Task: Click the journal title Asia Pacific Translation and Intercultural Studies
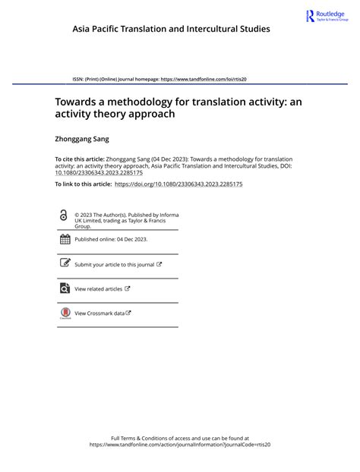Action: [x=171, y=29]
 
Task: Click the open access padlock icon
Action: [x=64, y=216]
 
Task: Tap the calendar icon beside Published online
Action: [x=65, y=239]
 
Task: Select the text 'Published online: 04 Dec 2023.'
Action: [x=111, y=239]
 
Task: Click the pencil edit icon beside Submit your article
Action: [x=65, y=264]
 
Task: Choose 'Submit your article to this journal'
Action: [x=114, y=265]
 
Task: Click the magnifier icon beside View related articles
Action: [x=65, y=288]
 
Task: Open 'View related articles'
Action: [x=98, y=289]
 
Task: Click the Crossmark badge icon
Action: [x=65, y=313]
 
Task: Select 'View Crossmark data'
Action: [x=99, y=313]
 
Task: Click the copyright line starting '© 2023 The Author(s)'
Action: [x=126, y=215]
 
